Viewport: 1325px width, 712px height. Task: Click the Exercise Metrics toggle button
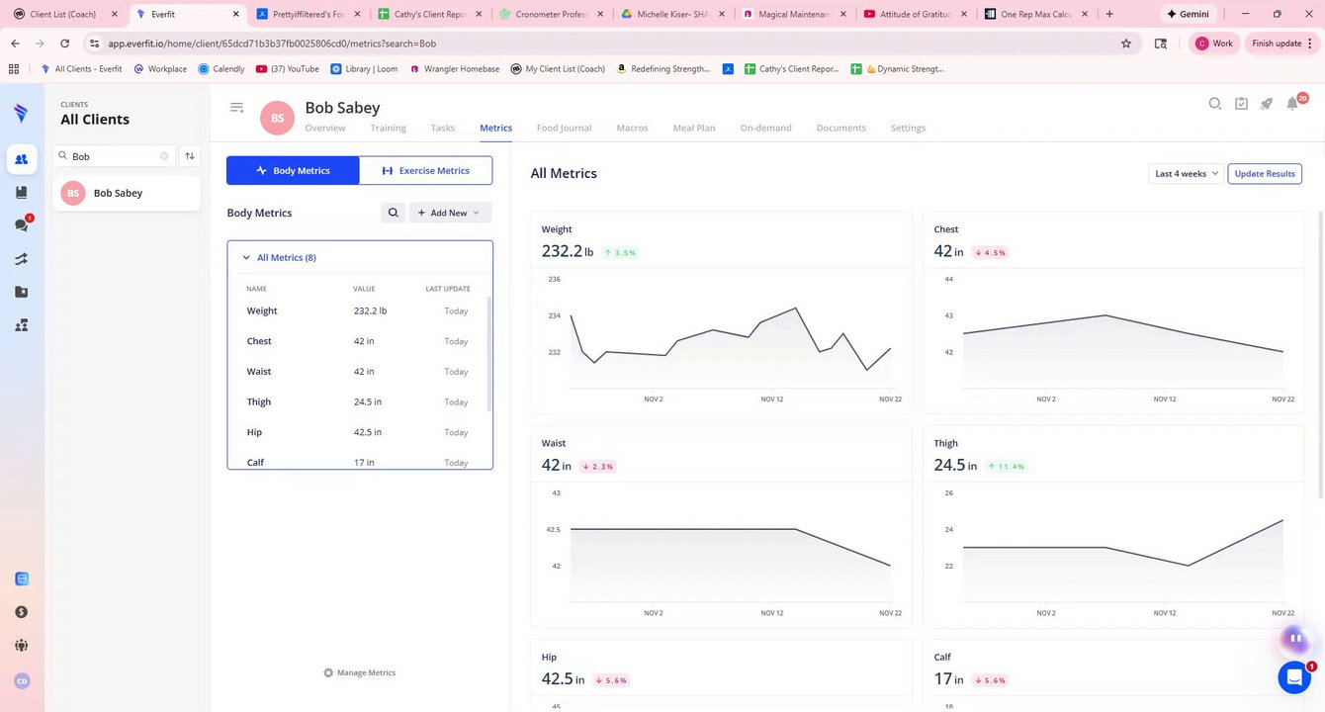(x=425, y=170)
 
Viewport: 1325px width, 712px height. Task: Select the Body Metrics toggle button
(x=293, y=170)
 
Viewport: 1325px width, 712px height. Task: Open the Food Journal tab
(x=564, y=128)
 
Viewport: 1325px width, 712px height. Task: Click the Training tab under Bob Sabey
(x=388, y=128)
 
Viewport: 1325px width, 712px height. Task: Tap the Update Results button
(x=1265, y=173)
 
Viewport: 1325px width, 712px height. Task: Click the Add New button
(x=449, y=213)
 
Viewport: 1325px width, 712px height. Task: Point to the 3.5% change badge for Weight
(x=619, y=252)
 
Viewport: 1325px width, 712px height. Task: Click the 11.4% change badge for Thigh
(x=1006, y=466)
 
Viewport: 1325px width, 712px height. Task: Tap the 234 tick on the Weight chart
(x=555, y=315)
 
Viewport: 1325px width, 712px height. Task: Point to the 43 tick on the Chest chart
(x=948, y=315)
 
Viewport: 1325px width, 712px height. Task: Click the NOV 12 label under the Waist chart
(x=772, y=613)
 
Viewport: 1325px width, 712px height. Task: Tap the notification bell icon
(x=1292, y=104)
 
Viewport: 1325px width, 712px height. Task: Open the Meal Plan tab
(x=694, y=128)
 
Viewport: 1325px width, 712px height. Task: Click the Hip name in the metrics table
(x=255, y=432)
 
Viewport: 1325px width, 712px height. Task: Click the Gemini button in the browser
(x=1188, y=14)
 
